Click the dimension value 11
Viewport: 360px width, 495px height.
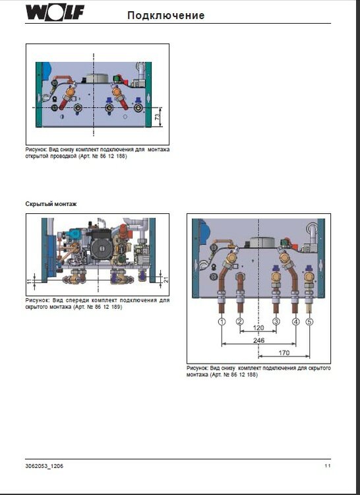click(x=28, y=281)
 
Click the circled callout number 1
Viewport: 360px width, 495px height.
click(x=222, y=321)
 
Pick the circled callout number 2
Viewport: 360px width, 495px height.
click(x=240, y=321)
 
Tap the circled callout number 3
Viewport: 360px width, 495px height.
click(x=276, y=321)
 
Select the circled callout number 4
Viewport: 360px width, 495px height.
click(x=295, y=321)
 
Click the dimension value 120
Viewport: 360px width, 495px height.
click(x=258, y=328)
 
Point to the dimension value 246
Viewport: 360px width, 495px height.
click(x=258, y=341)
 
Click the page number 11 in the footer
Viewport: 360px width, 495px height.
click(x=327, y=466)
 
